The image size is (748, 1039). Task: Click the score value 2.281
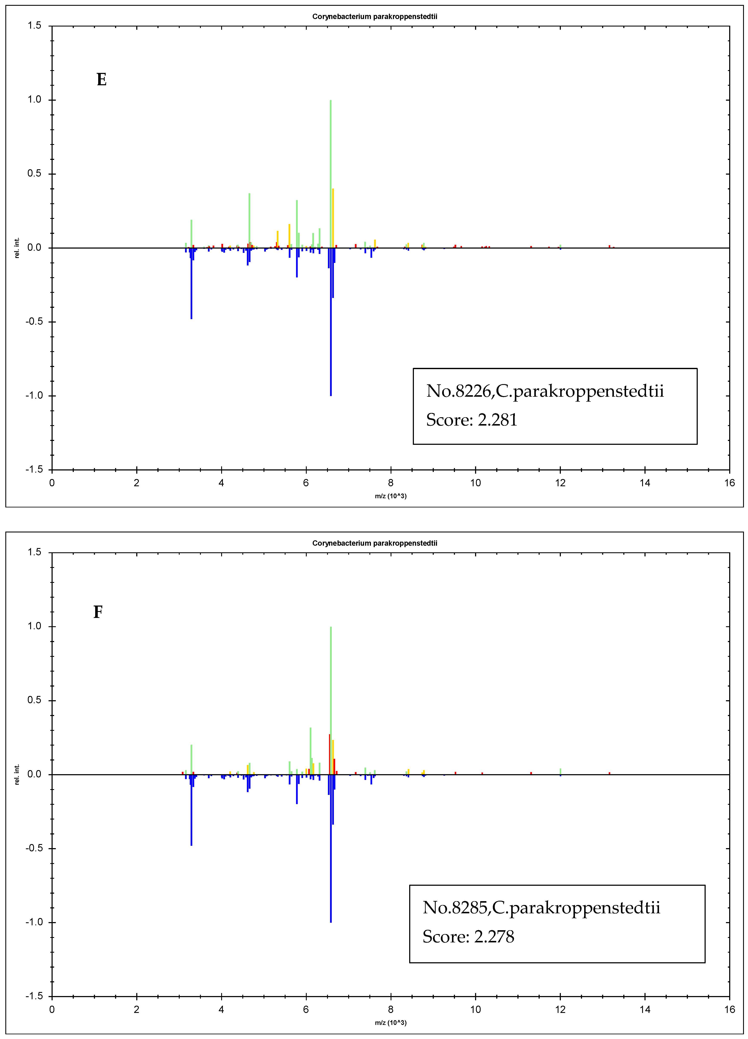(x=497, y=420)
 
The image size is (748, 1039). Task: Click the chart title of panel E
(x=375, y=16)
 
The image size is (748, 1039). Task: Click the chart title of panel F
(x=375, y=543)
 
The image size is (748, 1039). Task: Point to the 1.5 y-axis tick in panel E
(x=34, y=26)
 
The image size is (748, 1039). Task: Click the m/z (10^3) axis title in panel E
(x=391, y=496)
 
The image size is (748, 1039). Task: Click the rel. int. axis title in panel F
(x=17, y=774)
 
